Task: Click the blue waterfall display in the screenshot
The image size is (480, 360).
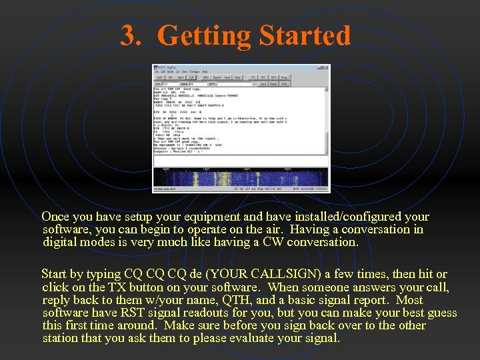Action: pos(241,177)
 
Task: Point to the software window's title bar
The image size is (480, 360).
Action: pos(241,67)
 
